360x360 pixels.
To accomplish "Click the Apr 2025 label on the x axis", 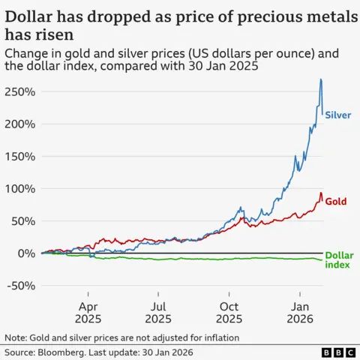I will pyautogui.click(x=88, y=312).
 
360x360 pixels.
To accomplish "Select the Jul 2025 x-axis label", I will pyautogui.click(x=158, y=312).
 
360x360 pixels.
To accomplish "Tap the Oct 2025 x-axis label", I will pyautogui.click(x=230, y=312).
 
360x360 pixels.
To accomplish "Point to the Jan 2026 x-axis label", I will pyautogui.click(x=300, y=312).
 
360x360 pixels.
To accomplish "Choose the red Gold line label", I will pyautogui.click(x=335, y=202).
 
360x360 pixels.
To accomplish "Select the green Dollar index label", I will pyautogui.click(x=339, y=260).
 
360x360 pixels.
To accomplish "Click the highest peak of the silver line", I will pyautogui.click(x=321, y=79).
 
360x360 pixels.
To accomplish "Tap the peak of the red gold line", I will pyautogui.click(x=321, y=193).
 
